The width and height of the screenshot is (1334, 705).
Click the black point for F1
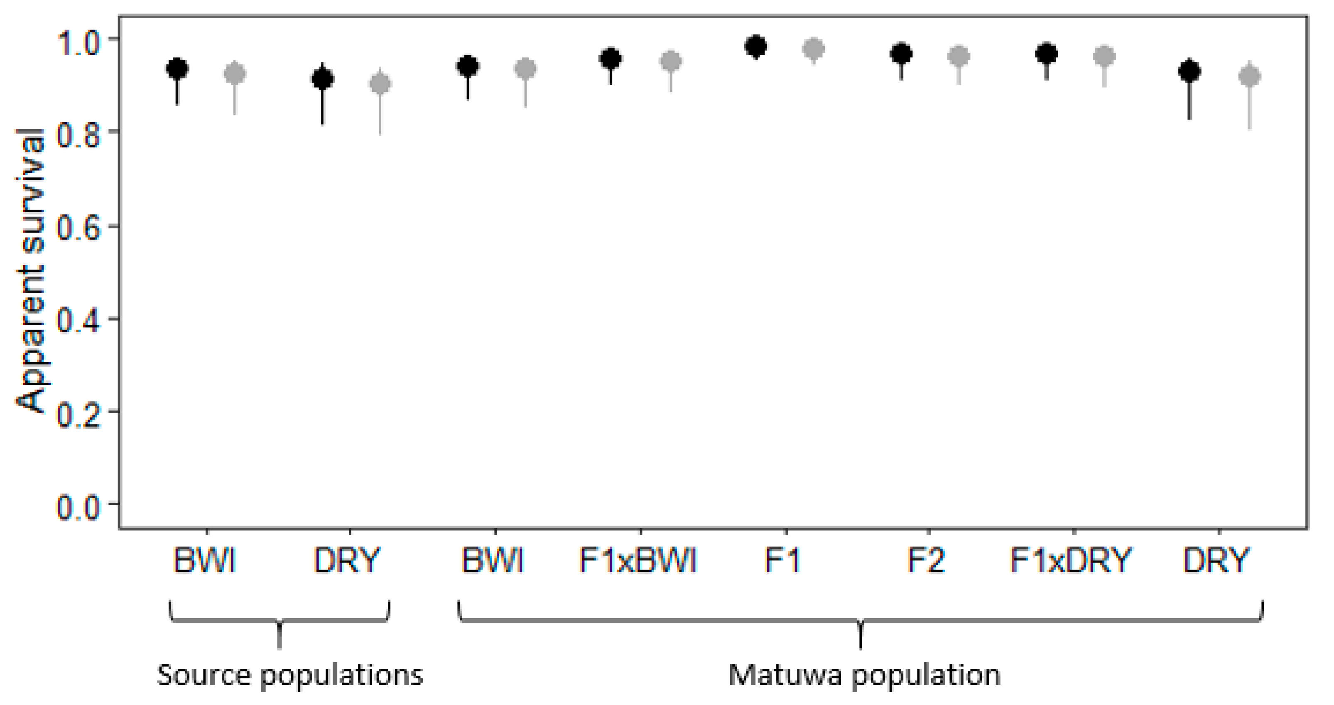(755, 46)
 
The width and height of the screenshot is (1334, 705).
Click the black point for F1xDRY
(1047, 53)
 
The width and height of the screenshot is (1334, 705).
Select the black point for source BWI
(177, 69)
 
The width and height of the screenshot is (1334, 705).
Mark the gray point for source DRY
(380, 83)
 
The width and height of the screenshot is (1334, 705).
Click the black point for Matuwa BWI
(468, 66)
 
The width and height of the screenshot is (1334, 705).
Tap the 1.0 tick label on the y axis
(78, 42)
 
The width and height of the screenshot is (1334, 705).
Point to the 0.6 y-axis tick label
(78, 228)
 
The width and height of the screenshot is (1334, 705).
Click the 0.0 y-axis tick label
(78, 506)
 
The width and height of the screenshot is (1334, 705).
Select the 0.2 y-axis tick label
(78, 414)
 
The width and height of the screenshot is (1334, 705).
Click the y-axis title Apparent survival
(30, 269)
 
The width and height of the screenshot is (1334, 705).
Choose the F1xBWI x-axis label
(638, 560)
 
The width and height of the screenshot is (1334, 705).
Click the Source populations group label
(290, 676)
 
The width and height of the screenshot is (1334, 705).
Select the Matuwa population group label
(864, 676)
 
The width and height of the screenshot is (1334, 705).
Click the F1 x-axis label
(782, 560)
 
